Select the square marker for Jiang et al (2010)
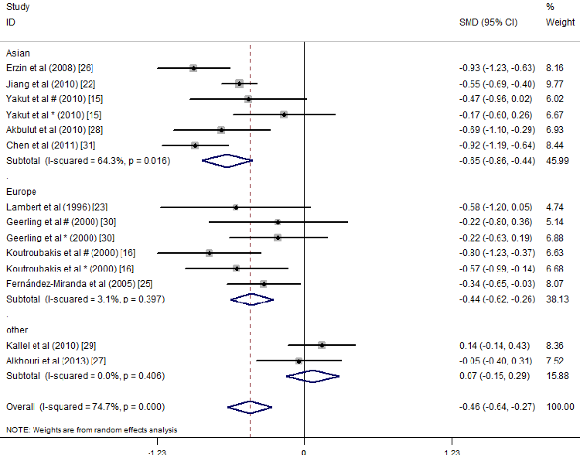pyautogui.click(x=240, y=84)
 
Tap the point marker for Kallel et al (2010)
pyautogui.click(x=321, y=345)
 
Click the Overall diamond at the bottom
pyautogui.click(x=250, y=407)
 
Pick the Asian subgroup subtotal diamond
pyautogui.click(x=227, y=161)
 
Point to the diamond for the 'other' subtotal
pyautogui.click(x=312, y=376)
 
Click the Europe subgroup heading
pyautogui.click(x=21, y=191)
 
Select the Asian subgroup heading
pyautogui.click(x=18, y=53)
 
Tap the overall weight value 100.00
pyautogui.click(x=560, y=407)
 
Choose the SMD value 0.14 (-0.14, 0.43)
pyautogui.click(x=493, y=345)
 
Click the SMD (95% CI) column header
pyautogui.click(x=488, y=22)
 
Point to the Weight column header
pyautogui.click(x=560, y=22)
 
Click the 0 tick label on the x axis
pyautogui.click(x=303, y=452)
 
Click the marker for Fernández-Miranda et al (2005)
pyautogui.click(x=264, y=284)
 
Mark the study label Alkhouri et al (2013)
pyautogui.click(x=56, y=361)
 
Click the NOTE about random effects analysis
pyautogui.click(x=91, y=429)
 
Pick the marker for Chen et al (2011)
pyautogui.click(x=195, y=145)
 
